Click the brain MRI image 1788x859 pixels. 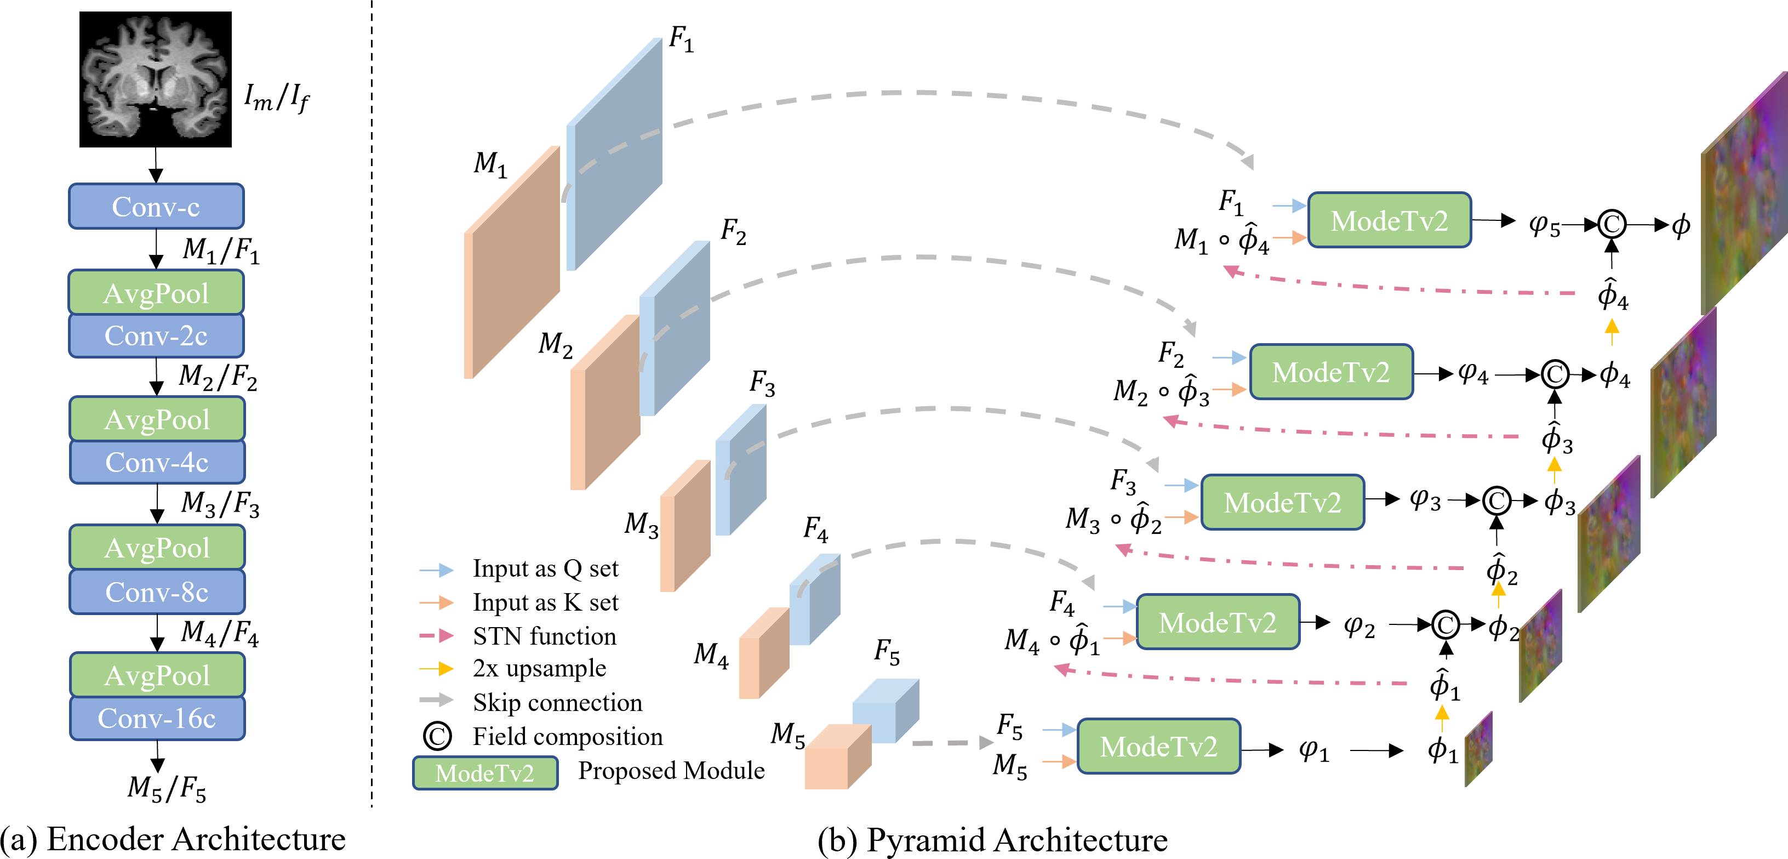pyautogui.click(x=156, y=79)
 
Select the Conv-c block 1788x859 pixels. pyautogui.click(x=156, y=206)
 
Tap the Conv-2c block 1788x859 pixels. pyautogui.click(x=156, y=336)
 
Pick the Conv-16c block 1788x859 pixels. pyautogui.click(x=157, y=718)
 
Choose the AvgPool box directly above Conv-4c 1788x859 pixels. pyautogui.click(x=157, y=419)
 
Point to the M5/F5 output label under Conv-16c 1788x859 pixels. pyautogui.click(x=167, y=788)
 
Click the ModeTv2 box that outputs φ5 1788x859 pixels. pyautogui.click(x=1389, y=221)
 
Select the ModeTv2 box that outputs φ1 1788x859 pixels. pyautogui.click(x=1158, y=747)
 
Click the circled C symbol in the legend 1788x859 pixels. pyautogui.click(x=437, y=736)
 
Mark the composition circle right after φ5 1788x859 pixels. pyautogui.click(x=1611, y=224)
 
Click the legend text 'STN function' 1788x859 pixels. pyautogui.click(x=544, y=636)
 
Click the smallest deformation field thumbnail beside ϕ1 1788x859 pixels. pyautogui.click(x=1478, y=749)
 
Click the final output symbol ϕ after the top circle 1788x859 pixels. pyautogui.click(x=1681, y=225)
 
